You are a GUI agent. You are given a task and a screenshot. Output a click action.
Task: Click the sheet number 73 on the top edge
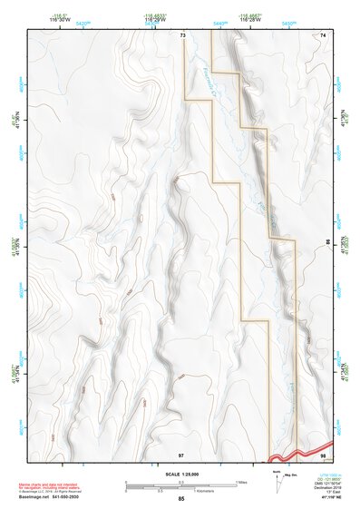pyautogui.click(x=182, y=35)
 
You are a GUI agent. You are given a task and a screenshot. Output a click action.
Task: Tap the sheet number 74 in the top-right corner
pyautogui.click(x=323, y=35)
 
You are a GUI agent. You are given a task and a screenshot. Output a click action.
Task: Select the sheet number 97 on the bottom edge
pyautogui.click(x=181, y=453)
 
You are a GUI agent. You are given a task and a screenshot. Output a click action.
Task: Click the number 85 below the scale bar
pyautogui.click(x=180, y=499)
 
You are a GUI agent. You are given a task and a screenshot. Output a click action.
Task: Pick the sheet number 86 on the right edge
pyautogui.click(x=327, y=244)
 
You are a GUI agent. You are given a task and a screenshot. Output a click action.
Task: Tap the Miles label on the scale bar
pyautogui.click(x=241, y=481)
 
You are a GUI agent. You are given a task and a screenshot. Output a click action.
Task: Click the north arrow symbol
pyautogui.click(x=276, y=482)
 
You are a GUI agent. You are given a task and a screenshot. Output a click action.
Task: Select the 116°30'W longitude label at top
pyautogui.click(x=62, y=20)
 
